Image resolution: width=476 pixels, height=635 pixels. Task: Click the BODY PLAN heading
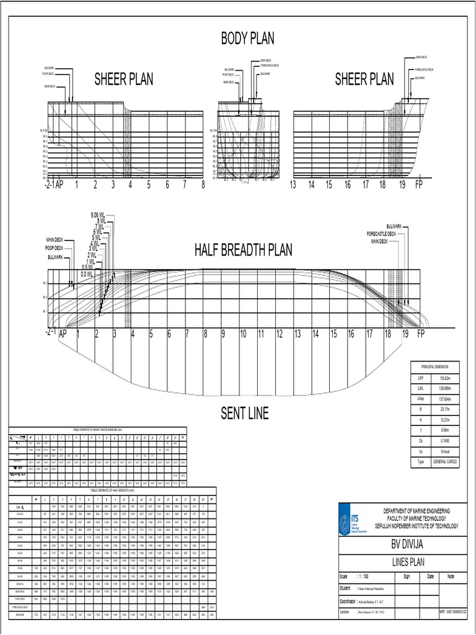248,38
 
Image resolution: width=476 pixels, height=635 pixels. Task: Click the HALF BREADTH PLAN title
243,250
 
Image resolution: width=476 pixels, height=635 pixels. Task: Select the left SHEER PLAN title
123,79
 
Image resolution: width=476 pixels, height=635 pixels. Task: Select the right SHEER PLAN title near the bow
364,79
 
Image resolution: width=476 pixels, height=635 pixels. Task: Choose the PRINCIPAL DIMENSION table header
435,367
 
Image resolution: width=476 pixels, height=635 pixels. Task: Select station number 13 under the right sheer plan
294,185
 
